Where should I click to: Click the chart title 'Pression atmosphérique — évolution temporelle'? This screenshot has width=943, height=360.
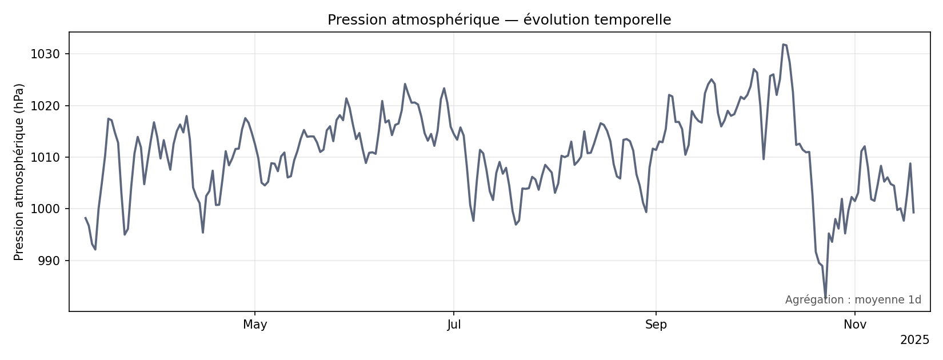pyautogui.click(x=499, y=20)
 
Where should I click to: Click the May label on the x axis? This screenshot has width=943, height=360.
pyautogui.click(x=255, y=325)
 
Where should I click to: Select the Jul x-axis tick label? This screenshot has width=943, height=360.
pyautogui.click(x=454, y=325)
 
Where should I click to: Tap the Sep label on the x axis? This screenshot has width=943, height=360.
pyautogui.click(x=656, y=325)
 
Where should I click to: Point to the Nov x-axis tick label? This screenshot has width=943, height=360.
pyautogui.click(x=855, y=325)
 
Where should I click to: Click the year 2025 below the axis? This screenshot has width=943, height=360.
pyautogui.click(x=914, y=341)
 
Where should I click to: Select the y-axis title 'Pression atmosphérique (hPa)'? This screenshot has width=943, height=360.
pyautogui.click(x=19, y=172)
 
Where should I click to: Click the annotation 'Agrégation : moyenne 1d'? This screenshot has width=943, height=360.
pyautogui.click(x=853, y=300)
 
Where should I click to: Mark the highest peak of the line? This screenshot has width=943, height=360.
pyautogui.click(x=783, y=44)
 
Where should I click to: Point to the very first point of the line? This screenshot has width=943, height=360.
pyautogui.click(x=85, y=218)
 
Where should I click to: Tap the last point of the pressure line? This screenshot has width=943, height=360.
pyautogui.click(x=913, y=213)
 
